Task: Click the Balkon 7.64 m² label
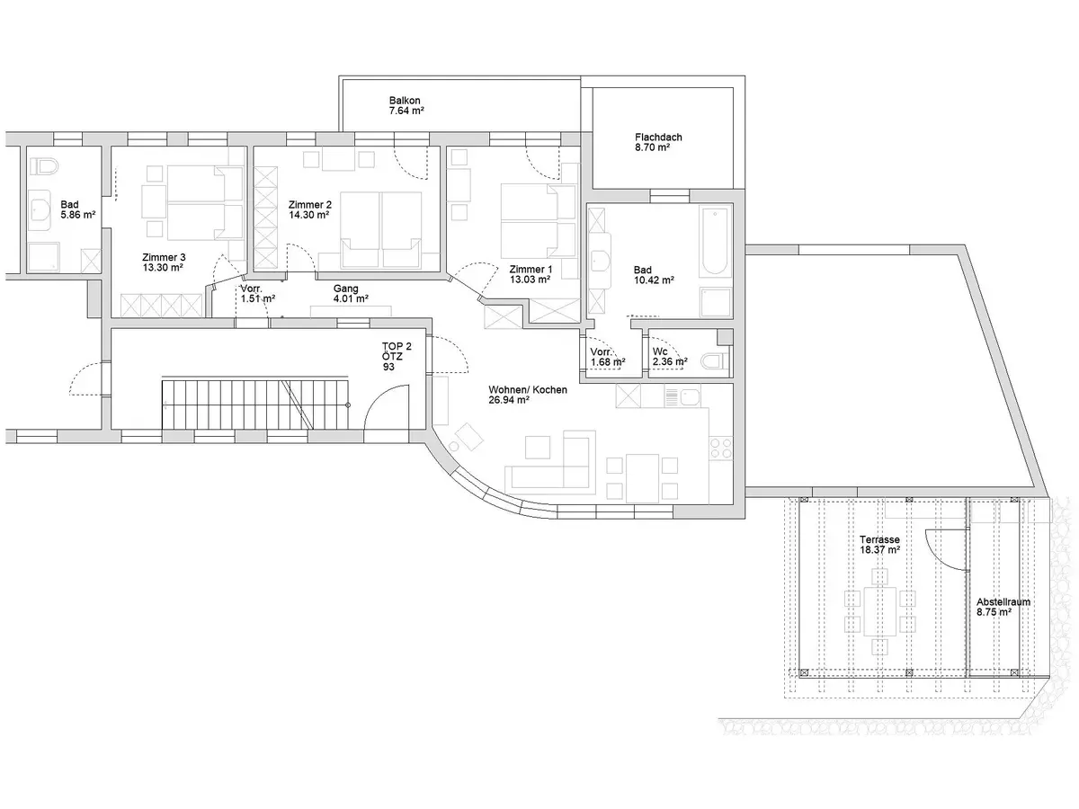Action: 406,106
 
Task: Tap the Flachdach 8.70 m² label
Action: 658,143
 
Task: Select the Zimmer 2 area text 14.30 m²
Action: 308,215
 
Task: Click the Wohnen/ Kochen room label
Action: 528,390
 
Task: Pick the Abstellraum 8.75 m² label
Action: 1003,608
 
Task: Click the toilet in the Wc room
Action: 715,362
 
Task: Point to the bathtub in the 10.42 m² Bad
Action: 715,241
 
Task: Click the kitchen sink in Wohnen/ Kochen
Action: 691,396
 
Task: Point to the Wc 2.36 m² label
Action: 670,357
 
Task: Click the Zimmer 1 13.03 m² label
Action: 531,275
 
